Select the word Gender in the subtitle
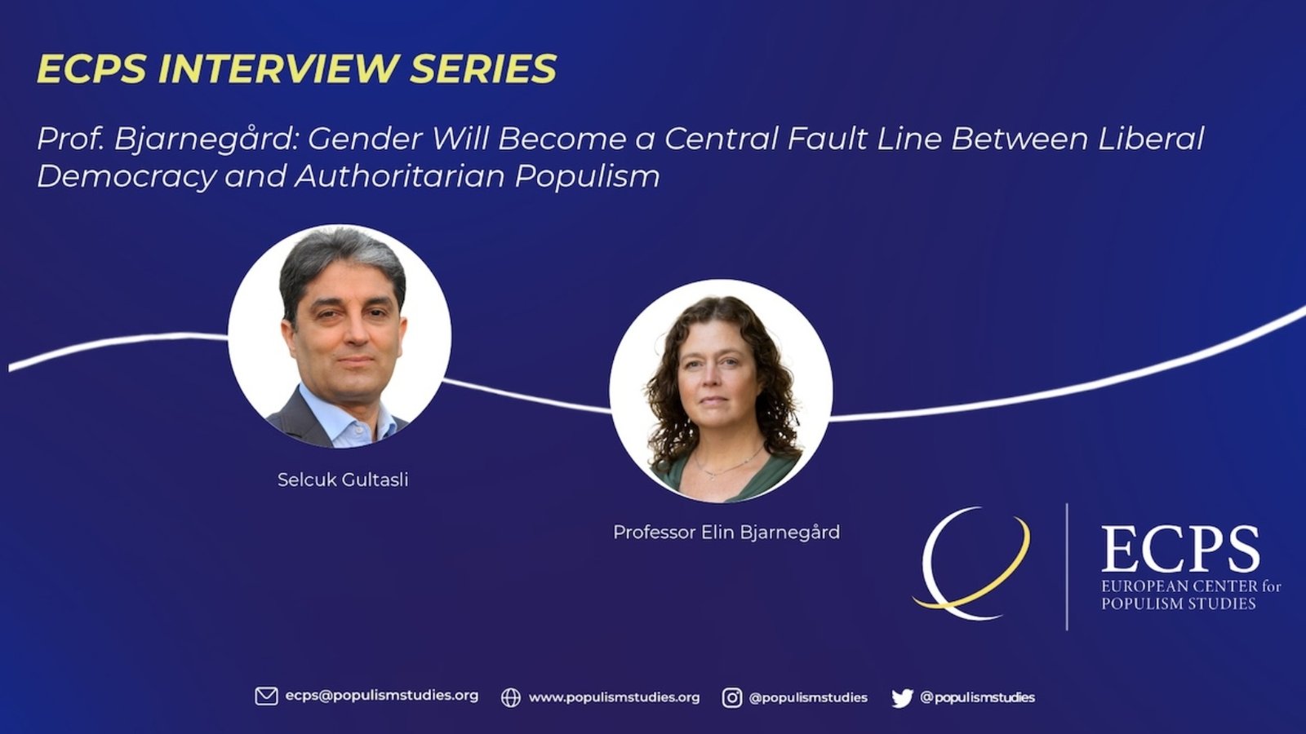(x=364, y=139)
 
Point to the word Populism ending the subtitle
(x=587, y=176)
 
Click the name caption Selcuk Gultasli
(x=343, y=480)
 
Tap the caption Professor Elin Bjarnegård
(x=726, y=532)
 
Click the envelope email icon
(x=266, y=696)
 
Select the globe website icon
(x=511, y=697)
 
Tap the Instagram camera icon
(x=732, y=697)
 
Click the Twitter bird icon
(x=902, y=698)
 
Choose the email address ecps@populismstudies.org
(x=382, y=696)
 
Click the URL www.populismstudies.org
(x=614, y=697)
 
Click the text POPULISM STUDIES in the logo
(x=1178, y=604)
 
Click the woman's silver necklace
(x=727, y=464)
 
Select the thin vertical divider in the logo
(x=1067, y=566)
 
